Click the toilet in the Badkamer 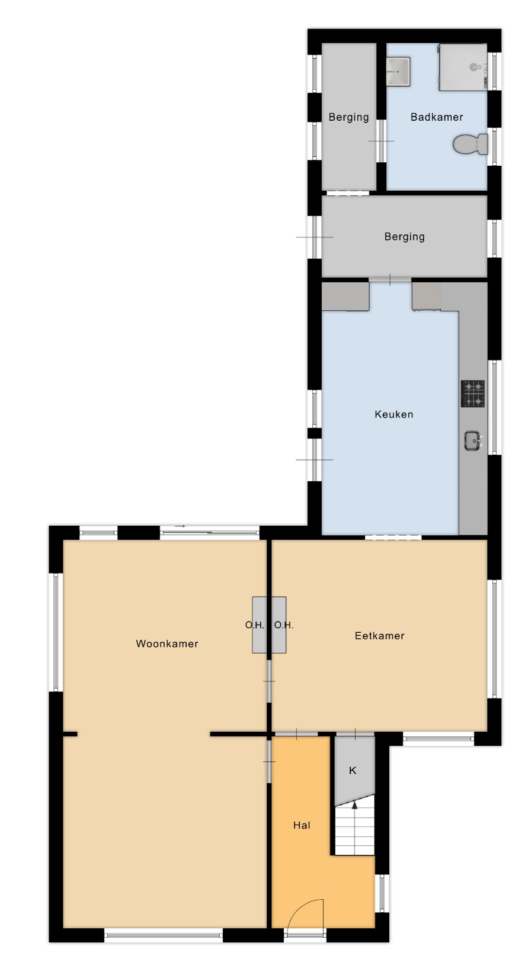(x=470, y=144)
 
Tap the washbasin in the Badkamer (x=398, y=71)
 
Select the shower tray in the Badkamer (x=463, y=67)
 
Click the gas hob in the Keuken (x=473, y=394)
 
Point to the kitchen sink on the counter (x=473, y=440)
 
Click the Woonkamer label (x=167, y=643)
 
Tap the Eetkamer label (x=380, y=636)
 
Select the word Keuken (x=394, y=414)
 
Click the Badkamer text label (x=437, y=117)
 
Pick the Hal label (x=302, y=825)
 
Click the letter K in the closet (x=353, y=771)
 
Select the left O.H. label (x=255, y=625)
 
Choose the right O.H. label (x=284, y=625)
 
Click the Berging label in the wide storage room (x=405, y=237)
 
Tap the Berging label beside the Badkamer (x=349, y=117)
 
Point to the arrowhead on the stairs (x=354, y=805)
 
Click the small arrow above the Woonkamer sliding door (x=180, y=526)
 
